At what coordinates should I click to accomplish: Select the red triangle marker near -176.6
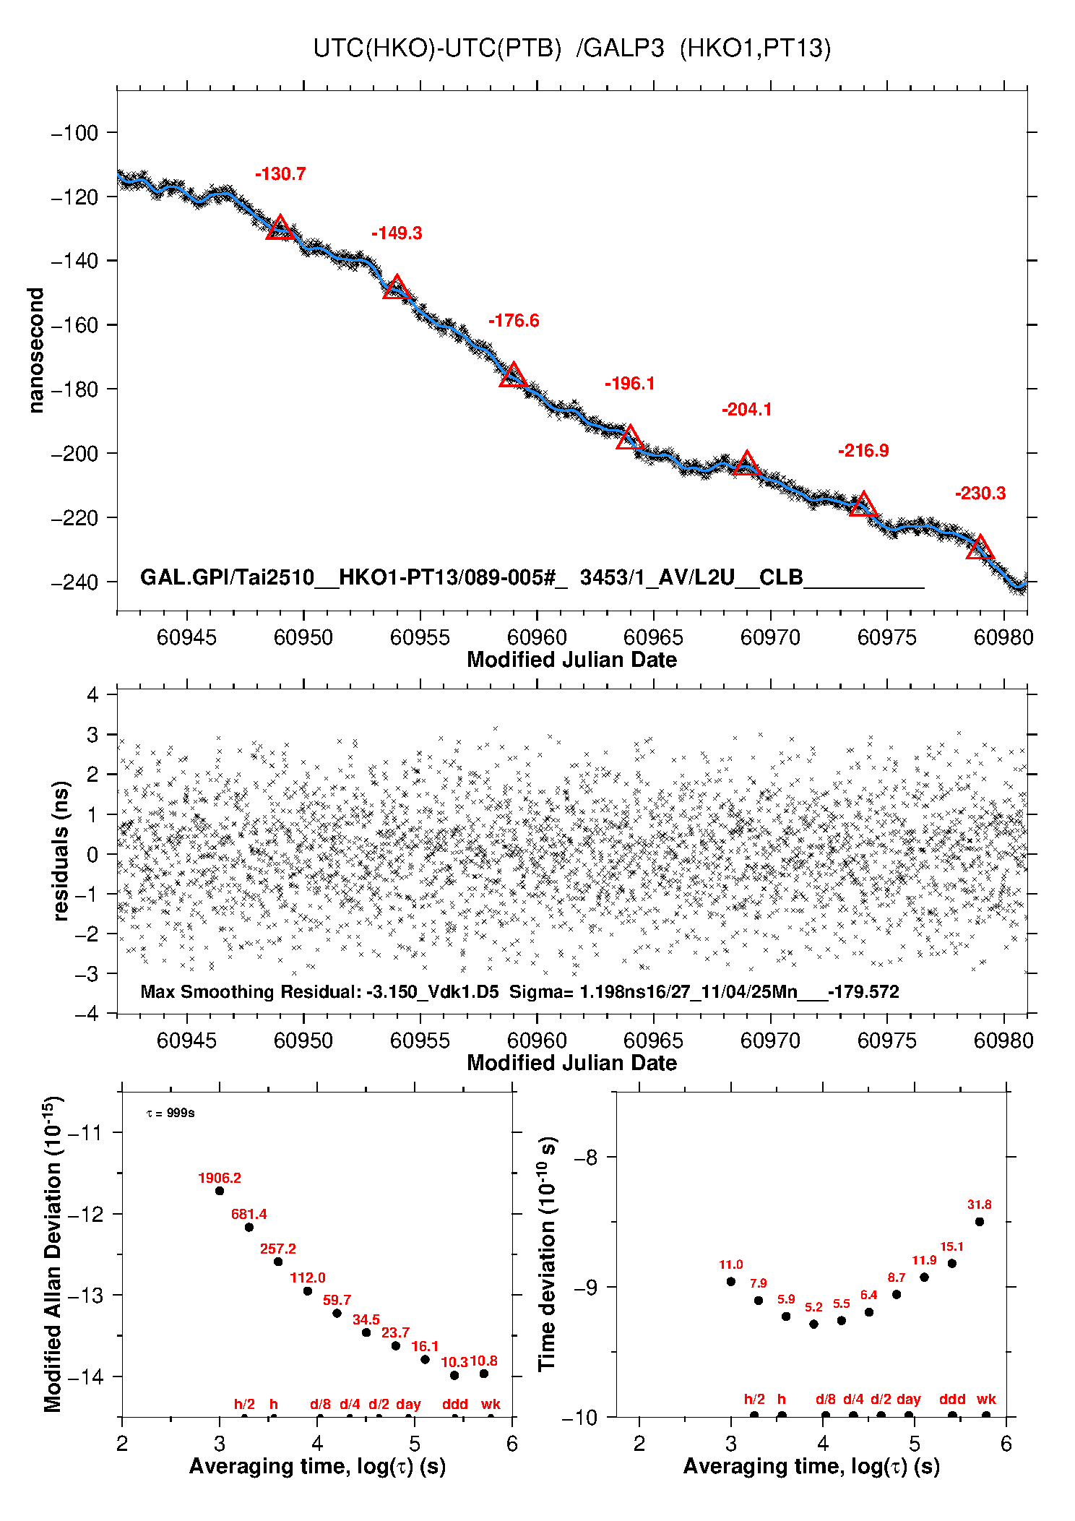click(513, 376)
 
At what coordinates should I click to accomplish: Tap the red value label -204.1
click(746, 410)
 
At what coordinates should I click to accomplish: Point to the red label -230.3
click(980, 494)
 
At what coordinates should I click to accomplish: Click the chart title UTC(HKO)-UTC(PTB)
click(437, 48)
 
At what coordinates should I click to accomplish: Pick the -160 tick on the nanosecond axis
click(74, 325)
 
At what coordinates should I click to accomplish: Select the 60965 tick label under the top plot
click(653, 637)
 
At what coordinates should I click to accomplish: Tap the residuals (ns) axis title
click(61, 850)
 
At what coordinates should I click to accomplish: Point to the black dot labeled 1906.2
click(220, 1191)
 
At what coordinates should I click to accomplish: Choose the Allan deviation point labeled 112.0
click(308, 1291)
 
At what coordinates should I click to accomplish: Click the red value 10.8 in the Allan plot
click(483, 1361)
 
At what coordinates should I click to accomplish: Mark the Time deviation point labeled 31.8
click(980, 1222)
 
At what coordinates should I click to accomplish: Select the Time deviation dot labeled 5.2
click(813, 1324)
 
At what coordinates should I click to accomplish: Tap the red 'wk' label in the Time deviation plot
click(986, 1399)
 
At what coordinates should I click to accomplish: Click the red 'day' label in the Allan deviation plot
click(408, 1404)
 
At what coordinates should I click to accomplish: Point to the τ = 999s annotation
click(170, 1113)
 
